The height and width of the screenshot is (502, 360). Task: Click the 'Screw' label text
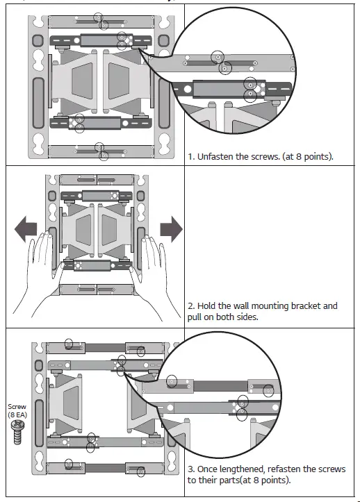coord(17,407)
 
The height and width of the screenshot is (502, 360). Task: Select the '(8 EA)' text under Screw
coord(17,415)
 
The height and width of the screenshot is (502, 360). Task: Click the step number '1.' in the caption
coord(193,156)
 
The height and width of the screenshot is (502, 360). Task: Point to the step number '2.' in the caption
coord(193,306)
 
